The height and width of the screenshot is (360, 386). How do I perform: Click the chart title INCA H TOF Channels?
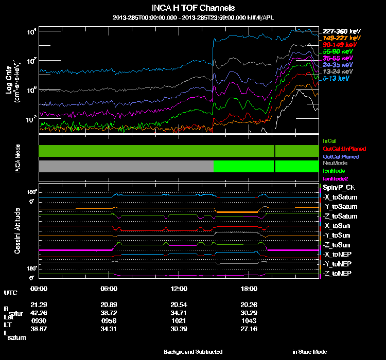193,8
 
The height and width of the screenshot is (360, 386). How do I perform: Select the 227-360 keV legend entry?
341,31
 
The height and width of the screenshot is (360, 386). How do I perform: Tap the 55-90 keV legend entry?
338,52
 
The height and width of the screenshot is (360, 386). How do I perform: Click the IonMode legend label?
334,171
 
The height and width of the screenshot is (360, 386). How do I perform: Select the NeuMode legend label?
335,163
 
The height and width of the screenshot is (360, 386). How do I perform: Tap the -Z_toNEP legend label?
338,273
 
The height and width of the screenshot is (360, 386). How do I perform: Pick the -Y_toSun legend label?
337,235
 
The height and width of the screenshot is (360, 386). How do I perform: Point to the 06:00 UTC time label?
110,289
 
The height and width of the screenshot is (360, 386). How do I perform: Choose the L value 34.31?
110,328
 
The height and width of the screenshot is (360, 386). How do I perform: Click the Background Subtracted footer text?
193,352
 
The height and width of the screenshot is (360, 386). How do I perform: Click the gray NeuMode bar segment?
126,166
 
